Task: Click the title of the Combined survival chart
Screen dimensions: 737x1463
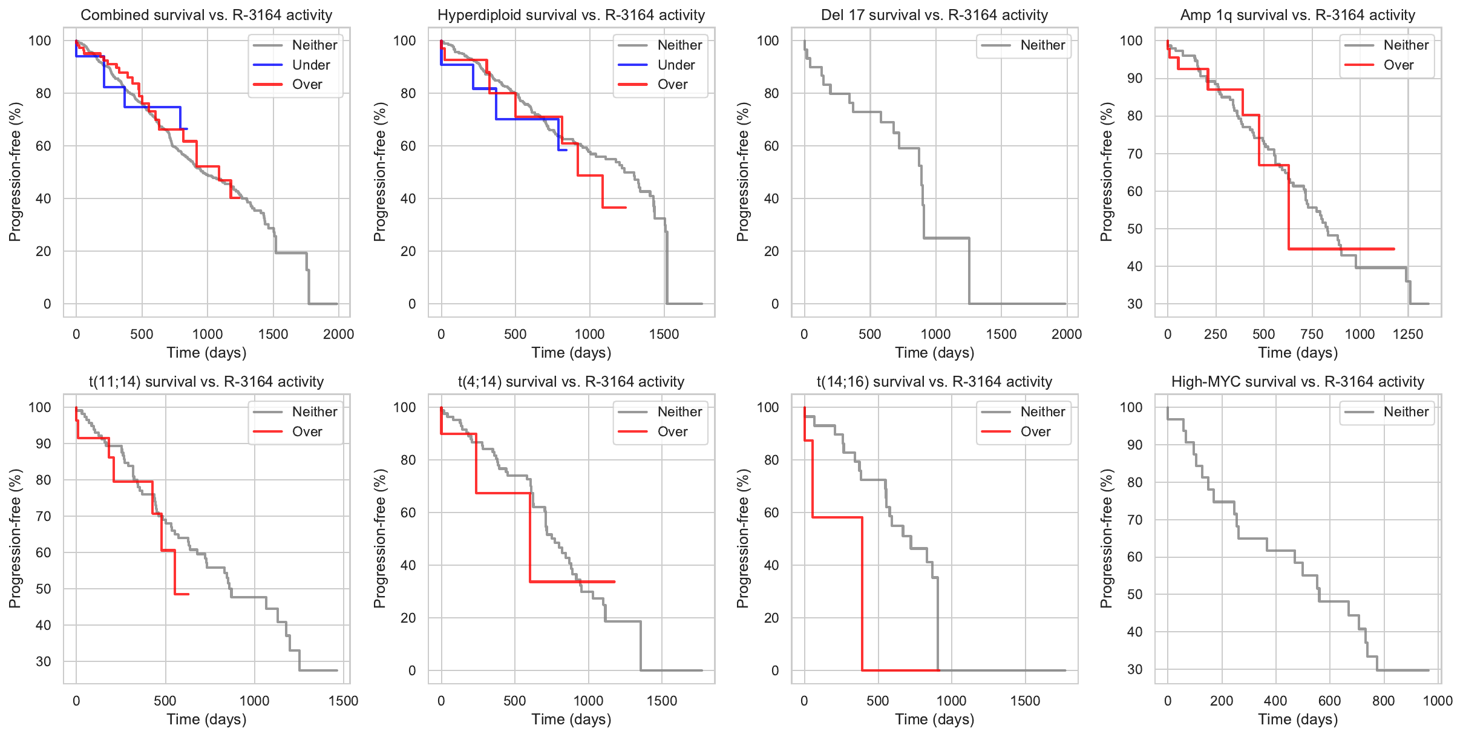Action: pyautogui.click(x=206, y=15)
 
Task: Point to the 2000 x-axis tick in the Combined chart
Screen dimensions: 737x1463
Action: pyautogui.click(x=338, y=334)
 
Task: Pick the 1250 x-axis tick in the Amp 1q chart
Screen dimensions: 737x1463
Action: pyautogui.click(x=1407, y=334)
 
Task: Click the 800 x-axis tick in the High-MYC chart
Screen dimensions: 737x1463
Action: pyautogui.click(x=1383, y=701)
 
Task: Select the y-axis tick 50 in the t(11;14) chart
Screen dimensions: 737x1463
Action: pyautogui.click(x=44, y=589)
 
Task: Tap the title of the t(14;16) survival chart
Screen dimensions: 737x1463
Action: pyautogui.click(x=934, y=382)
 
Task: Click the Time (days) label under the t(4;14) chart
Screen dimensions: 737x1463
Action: pyautogui.click(x=571, y=719)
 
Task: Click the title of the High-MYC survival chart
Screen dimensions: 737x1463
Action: pyautogui.click(x=1297, y=382)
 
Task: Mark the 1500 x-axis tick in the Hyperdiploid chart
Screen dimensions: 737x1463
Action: pyautogui.click(x=664, y=334)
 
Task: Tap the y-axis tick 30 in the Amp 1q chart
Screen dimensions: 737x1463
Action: pyautogui.click(x=1134, y=304)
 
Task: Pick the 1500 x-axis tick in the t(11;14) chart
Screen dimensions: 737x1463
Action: pyautogui.click(x=343, y=701)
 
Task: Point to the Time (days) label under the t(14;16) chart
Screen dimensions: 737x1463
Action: pyautogui.click(x=934, y=719)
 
